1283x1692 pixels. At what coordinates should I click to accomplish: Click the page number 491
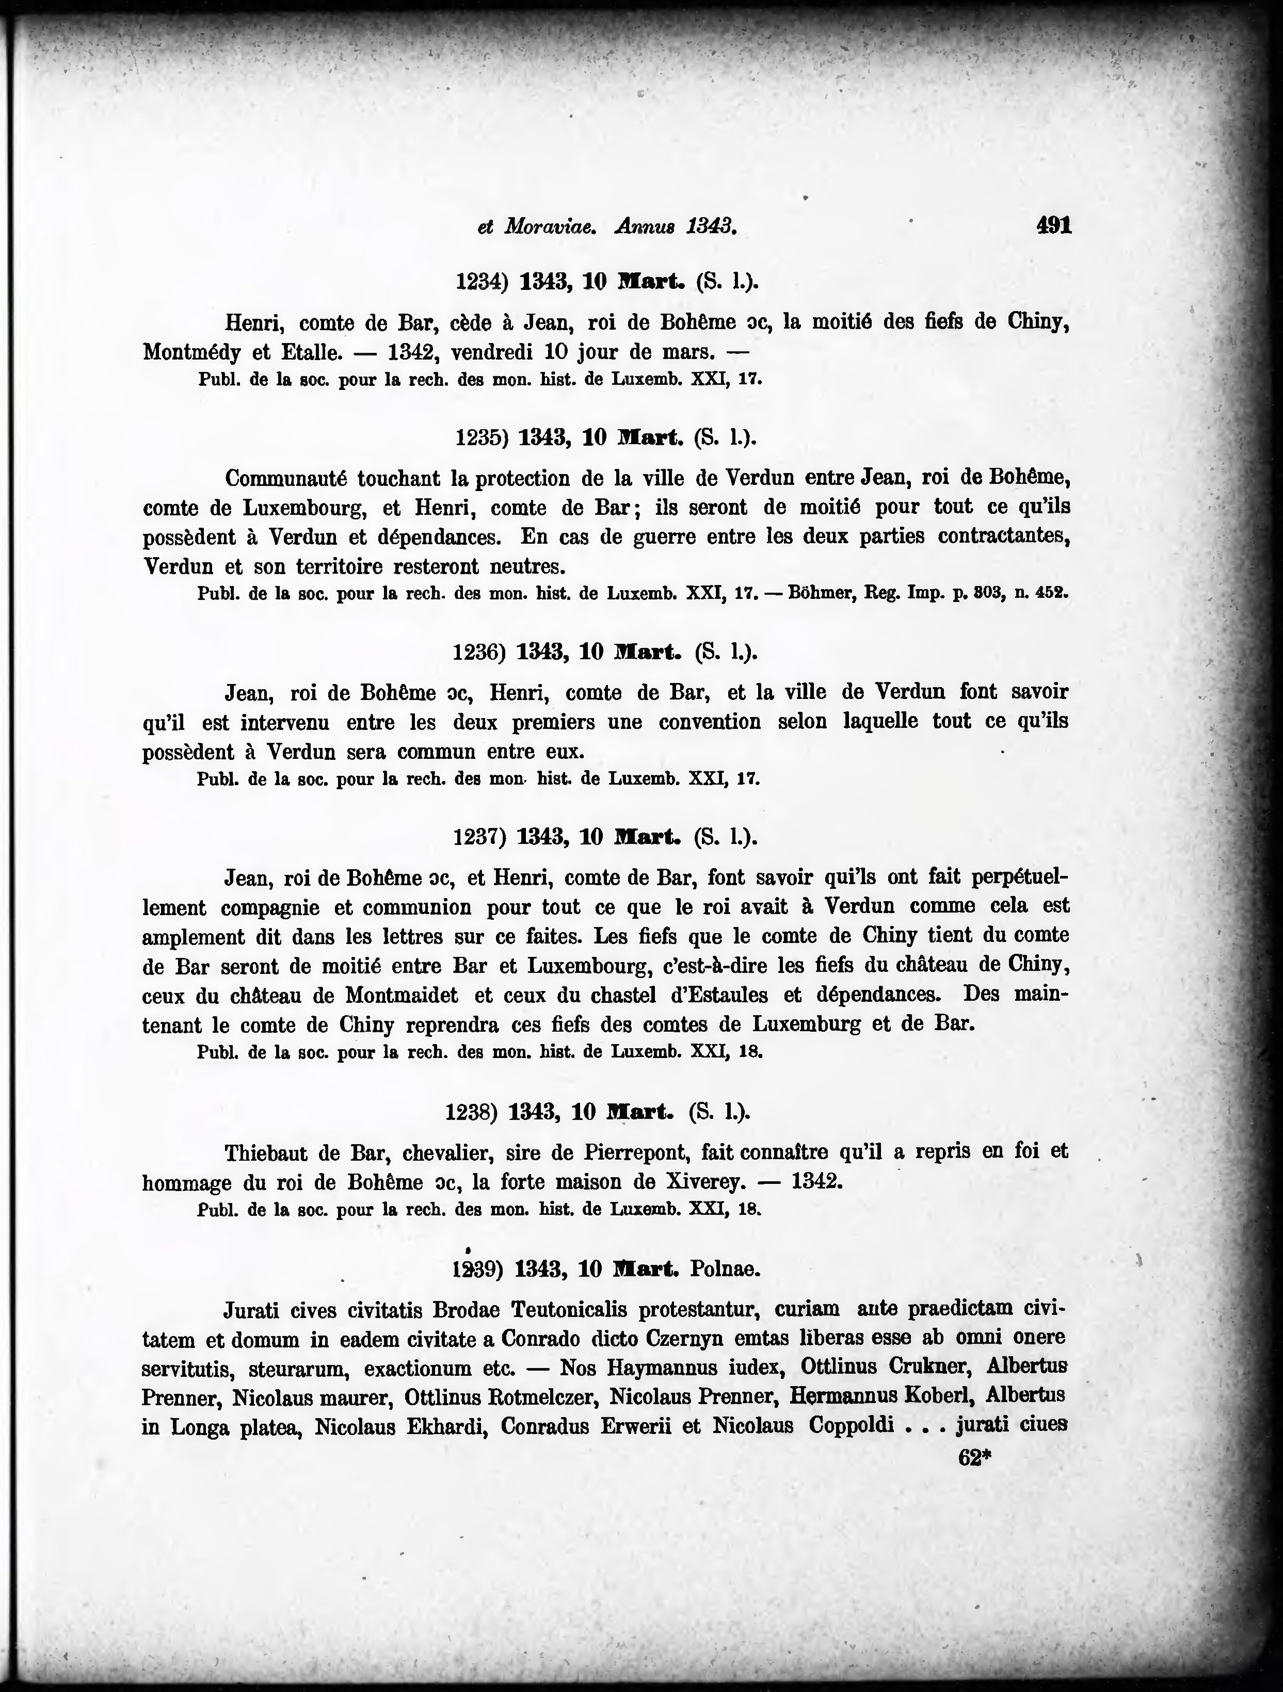1053,225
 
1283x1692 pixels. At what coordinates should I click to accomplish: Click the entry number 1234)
482,282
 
